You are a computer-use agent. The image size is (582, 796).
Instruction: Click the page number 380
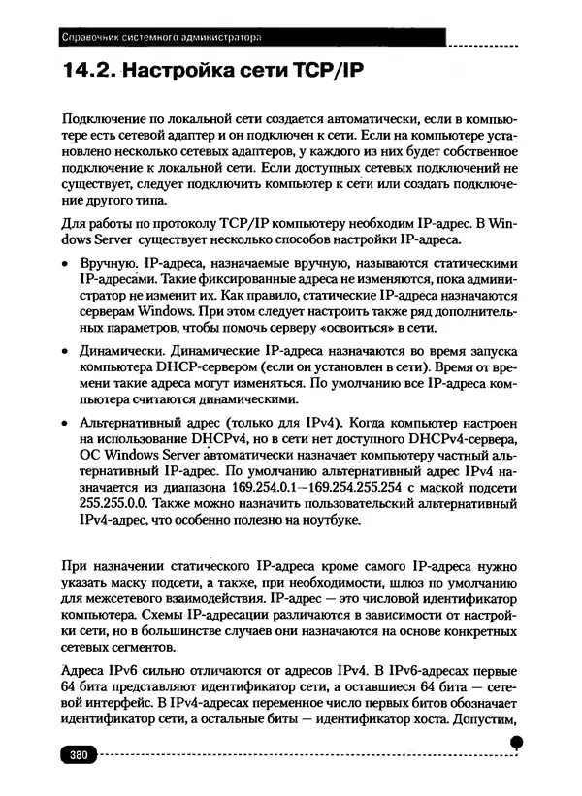77,753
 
